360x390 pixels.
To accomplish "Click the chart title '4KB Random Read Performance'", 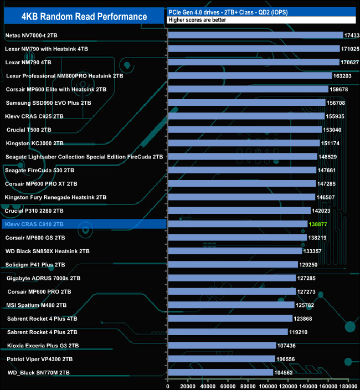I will coord(84,17).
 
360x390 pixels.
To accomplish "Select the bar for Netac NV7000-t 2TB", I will coord(255,35).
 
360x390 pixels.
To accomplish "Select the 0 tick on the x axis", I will coord(168,386).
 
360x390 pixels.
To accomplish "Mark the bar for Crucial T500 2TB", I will coord(244,130).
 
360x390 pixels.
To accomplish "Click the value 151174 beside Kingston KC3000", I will coord(332,143).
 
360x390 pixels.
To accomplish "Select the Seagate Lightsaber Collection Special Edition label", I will coord(84,157).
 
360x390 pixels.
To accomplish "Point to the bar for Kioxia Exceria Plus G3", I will coord(222,345).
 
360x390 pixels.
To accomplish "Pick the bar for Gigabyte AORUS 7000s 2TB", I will coord(232,278).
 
